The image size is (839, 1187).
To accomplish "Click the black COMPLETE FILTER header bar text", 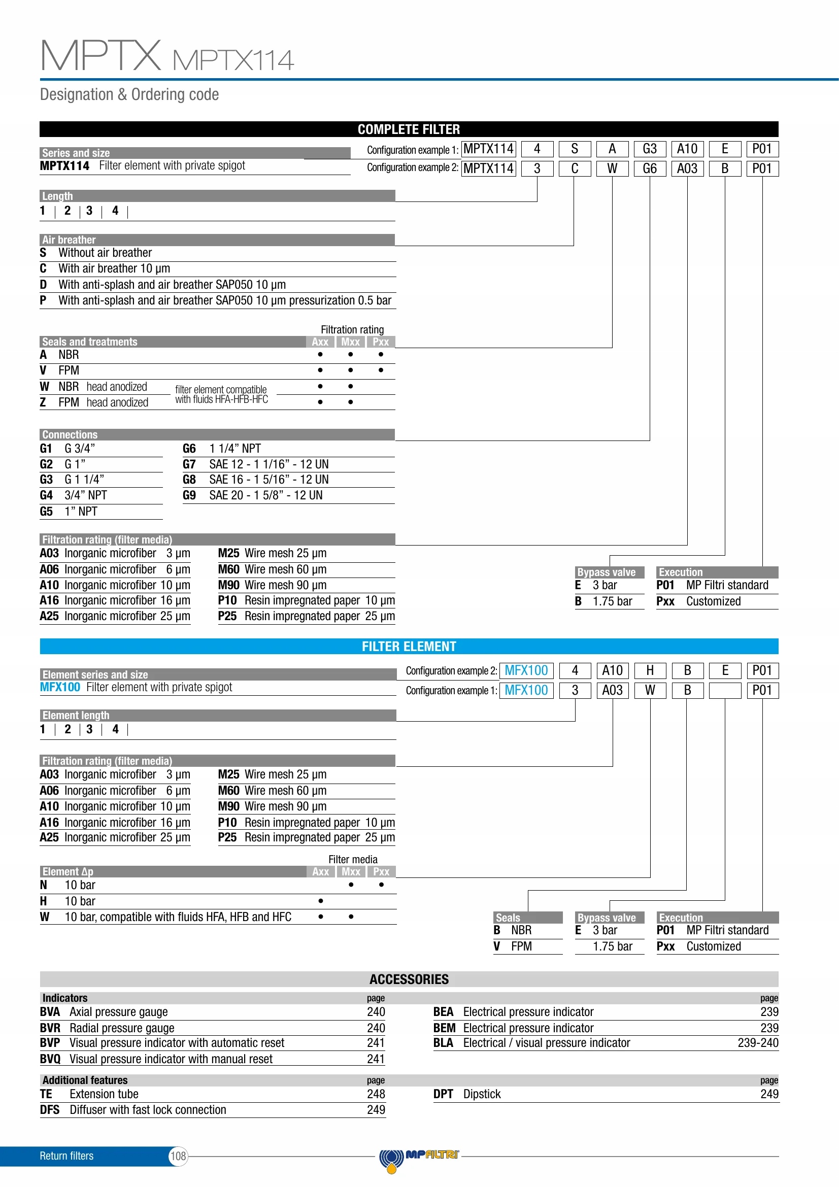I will tap(409, 129).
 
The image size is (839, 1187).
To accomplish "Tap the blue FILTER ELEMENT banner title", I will tap(409, 646).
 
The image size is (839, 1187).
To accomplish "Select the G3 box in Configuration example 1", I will tap(649, 149).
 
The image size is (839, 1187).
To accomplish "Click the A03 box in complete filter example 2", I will tap(687, 168).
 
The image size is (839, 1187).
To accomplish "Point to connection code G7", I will tap(189, 464).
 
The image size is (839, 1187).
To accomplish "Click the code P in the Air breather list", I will tap(43, 300).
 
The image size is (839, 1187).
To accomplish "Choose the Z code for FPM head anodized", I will tap(43, 402).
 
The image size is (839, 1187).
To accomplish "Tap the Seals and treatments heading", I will tap(90, 342).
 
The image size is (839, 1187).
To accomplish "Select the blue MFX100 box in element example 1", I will tap(526, 690).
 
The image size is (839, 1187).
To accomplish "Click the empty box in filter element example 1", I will tap(725, 690).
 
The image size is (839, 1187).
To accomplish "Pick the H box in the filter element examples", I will tap(650, 670).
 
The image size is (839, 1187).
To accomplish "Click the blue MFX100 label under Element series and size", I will tap(60, 687).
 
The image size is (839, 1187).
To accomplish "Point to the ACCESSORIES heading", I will tap(409, 979).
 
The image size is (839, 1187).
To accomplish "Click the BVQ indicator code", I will tap(50, 1059).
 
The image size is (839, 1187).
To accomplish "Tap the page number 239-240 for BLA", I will tap(757, 1043).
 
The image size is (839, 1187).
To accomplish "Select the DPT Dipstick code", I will tap(443, 1094).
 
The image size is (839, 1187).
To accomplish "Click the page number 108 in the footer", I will tap(178, 1156).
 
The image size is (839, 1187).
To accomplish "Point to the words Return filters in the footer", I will tap(66, 1156).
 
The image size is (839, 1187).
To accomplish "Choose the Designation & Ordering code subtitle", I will tap(129, 94).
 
